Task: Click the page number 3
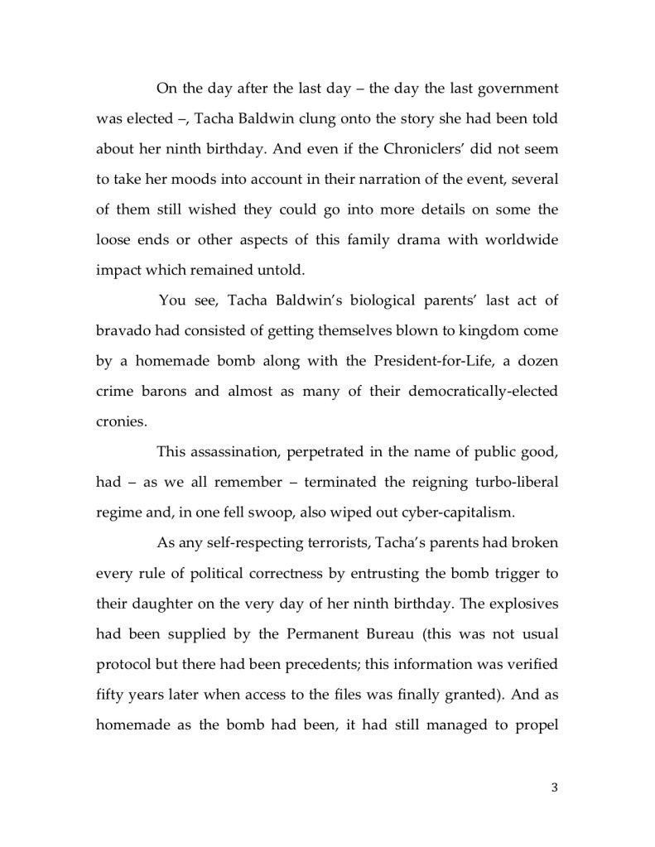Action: pos(554,787)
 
